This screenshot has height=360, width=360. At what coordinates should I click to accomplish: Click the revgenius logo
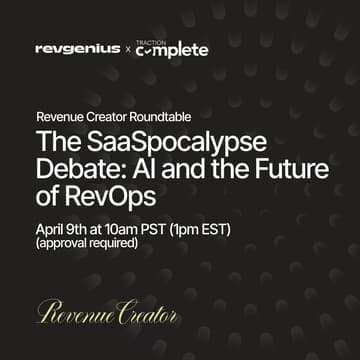point(77,48)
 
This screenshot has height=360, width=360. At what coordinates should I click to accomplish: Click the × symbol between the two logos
point(127,49)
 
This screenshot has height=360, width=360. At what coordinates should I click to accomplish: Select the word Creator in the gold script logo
point(146,313)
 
